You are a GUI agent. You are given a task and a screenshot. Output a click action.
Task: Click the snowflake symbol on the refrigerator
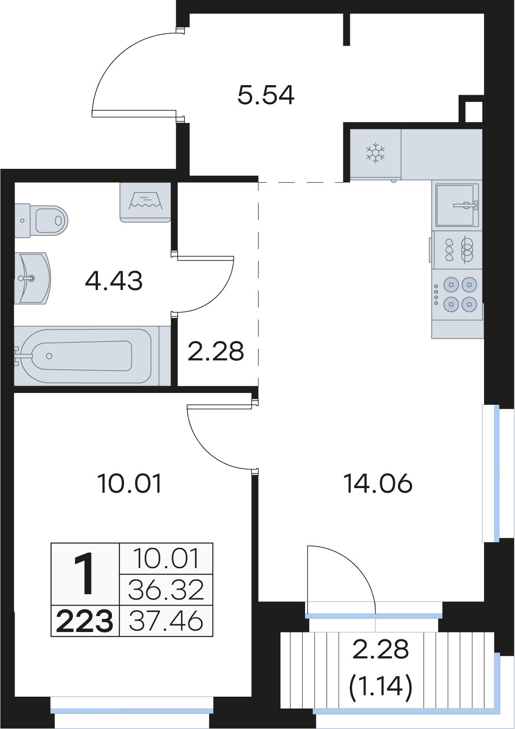(x=375, y=153)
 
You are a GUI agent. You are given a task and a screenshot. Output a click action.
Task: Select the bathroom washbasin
(x=32, y=278)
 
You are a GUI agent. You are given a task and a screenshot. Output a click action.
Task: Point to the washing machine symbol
(x=145, y=203)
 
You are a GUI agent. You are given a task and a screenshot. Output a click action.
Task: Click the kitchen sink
(x=457, y=205)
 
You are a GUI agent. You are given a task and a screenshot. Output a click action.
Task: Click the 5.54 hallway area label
(x=266, y=95)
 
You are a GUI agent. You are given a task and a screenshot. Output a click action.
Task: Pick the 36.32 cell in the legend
(x=166, y=590)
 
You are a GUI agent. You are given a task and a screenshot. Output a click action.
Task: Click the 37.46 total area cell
(x=166, y=621)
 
